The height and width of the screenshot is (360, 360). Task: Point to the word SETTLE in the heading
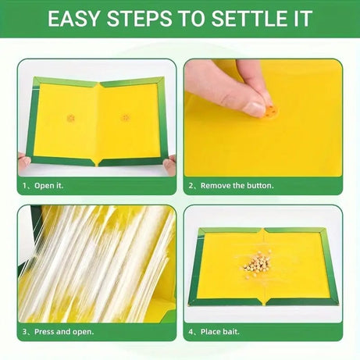(255, 19)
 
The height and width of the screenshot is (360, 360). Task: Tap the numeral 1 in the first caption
(23, 186)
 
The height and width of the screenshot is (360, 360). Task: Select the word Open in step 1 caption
(44, 186)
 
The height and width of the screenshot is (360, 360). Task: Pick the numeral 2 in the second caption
(191, 186)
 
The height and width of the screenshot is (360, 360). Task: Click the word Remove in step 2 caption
(216, 186)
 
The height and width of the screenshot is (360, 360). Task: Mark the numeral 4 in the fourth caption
(191, 331)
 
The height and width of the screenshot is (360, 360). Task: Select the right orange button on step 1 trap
(125, 117)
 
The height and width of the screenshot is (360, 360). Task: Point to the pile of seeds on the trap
(257, 263)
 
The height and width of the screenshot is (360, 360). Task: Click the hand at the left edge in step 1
(23, 162)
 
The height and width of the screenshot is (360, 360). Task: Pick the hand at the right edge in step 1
(169, 164)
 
